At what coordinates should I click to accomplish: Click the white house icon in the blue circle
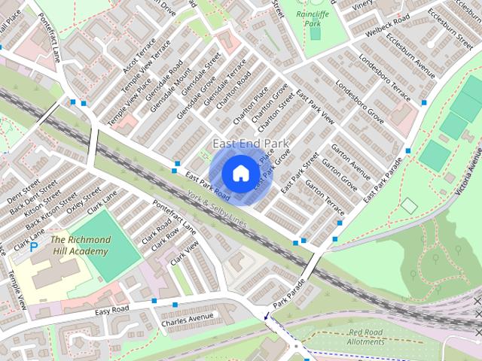[240, 173]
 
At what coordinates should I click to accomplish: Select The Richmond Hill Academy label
[81, 245]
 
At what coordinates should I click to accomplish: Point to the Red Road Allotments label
[367, 337]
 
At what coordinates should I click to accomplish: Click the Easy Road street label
[111, 309]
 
